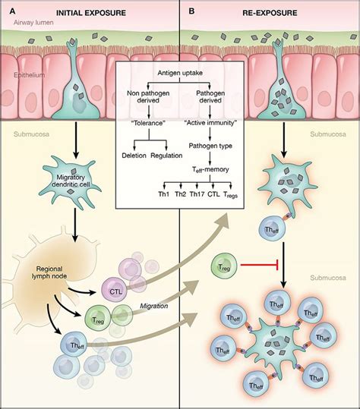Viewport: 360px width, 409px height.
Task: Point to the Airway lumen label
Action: [x=27, y=25]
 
